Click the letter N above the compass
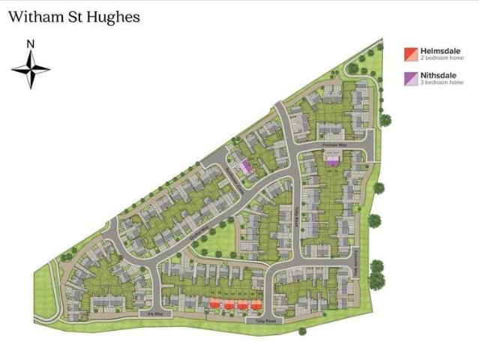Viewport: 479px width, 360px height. [31, 43]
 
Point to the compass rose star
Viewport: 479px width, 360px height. [31, 69]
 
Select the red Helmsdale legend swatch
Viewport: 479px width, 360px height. [410, 54]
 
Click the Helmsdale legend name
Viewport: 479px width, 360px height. [439, 50]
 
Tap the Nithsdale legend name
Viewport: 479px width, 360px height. [437, 75]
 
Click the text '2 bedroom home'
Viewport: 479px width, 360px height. [442, 58]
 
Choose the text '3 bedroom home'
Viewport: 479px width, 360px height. [442, 82]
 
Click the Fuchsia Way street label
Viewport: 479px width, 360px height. [333, 143]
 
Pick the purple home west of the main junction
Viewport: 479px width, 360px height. [244, 166]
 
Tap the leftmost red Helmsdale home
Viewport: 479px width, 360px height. [215, 304]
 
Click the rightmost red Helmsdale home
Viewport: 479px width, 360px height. [256, 304]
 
